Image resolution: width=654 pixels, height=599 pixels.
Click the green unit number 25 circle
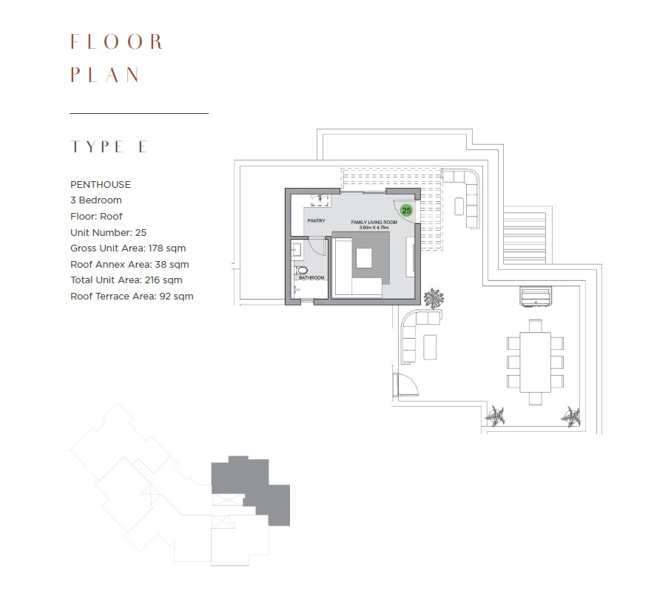point(406,211)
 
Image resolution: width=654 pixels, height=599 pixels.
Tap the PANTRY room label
point(316,220)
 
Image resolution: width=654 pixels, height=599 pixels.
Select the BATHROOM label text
point(311,277)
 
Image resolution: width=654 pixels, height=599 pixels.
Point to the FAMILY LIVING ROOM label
point(374,222)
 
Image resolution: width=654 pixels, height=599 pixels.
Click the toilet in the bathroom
point(300,271)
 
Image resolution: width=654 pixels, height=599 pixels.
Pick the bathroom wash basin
point(296,250)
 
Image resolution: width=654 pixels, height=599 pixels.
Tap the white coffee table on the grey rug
point(364,258)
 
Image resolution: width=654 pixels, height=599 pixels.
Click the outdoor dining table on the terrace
point(535,362)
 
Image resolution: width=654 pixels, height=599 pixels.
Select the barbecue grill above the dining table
point(536,297)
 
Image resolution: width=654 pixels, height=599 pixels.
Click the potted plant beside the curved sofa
point(434,299)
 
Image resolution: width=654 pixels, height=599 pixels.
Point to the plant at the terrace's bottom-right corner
point(570,416)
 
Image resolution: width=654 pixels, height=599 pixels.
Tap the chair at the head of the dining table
point(535,325)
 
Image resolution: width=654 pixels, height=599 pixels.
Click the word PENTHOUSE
point(101,184)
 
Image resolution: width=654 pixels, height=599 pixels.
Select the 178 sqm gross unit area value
point(167,248)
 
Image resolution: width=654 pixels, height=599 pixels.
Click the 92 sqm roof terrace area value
point(176,296)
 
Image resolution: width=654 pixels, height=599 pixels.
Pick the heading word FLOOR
point(116,41)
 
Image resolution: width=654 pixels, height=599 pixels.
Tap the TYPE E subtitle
point(109,146)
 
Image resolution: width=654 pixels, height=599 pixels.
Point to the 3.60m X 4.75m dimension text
point(374,228)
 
